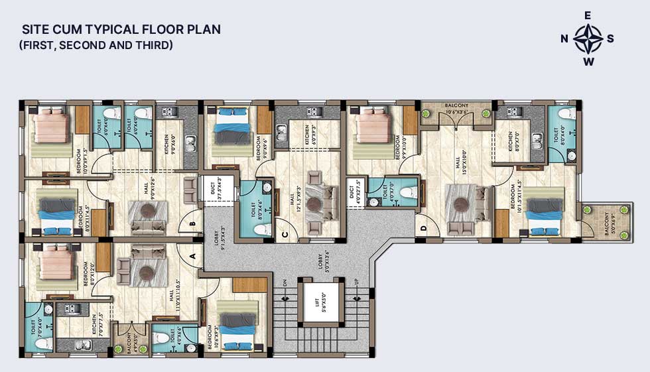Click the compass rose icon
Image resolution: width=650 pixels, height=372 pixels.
588,38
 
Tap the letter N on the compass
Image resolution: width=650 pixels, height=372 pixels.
564,38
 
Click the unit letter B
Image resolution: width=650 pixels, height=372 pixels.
193,223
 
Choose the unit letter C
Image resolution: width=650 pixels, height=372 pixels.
284,233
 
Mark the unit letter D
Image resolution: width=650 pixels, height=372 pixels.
423,229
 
